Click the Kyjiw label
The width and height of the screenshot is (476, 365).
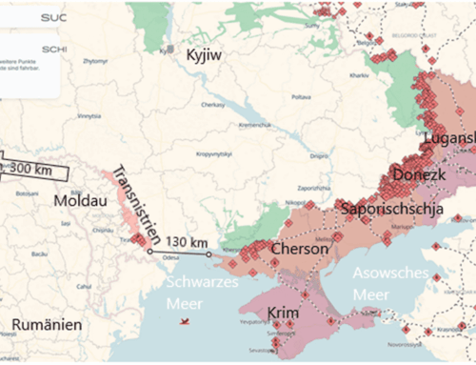pyautogui.click(x=204, y=55)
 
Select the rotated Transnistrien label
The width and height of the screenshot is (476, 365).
pyautogui.click(x=132, y=204)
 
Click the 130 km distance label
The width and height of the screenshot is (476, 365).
pyautogui.click(x=186, y=242)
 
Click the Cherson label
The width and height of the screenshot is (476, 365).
pyautogui.click(x=301, y=250)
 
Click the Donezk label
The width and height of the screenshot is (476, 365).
pyautogui.click(x=413, y=178)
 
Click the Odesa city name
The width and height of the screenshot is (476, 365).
pyautogui.click(x=171, y=256)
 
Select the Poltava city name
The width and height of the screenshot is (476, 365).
pyautogui.click(x=301, y=96)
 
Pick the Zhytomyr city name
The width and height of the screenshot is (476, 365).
pyautogui.click(x=96, y=60)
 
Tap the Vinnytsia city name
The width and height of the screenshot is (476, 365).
pyautogui.click(x=89, y=116)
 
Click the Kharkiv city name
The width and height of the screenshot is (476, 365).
pyautogui.click(x=358, y=73)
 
